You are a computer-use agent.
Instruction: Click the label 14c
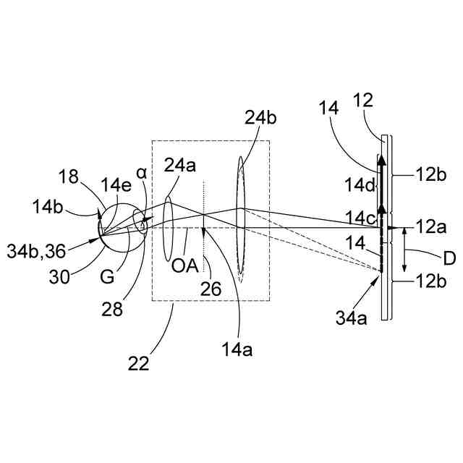[360, 216]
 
